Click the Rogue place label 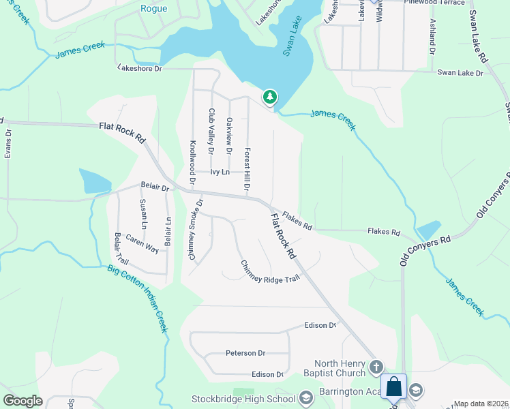click(153, 8)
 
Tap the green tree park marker click(270, 97)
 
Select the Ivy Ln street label click(220, 172)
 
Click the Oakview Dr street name click(229, 135)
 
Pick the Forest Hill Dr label click(247, 168)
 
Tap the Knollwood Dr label click(193, 157)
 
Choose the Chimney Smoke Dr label click(196, 229)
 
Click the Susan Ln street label click(143, 213)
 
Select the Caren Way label click(142, 246)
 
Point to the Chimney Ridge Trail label click(269, 271)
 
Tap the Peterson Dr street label click(245, 353)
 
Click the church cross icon click(375, 368)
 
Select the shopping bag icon click(394, 387)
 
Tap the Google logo click(22, 401)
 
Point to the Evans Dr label click(8, 144)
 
